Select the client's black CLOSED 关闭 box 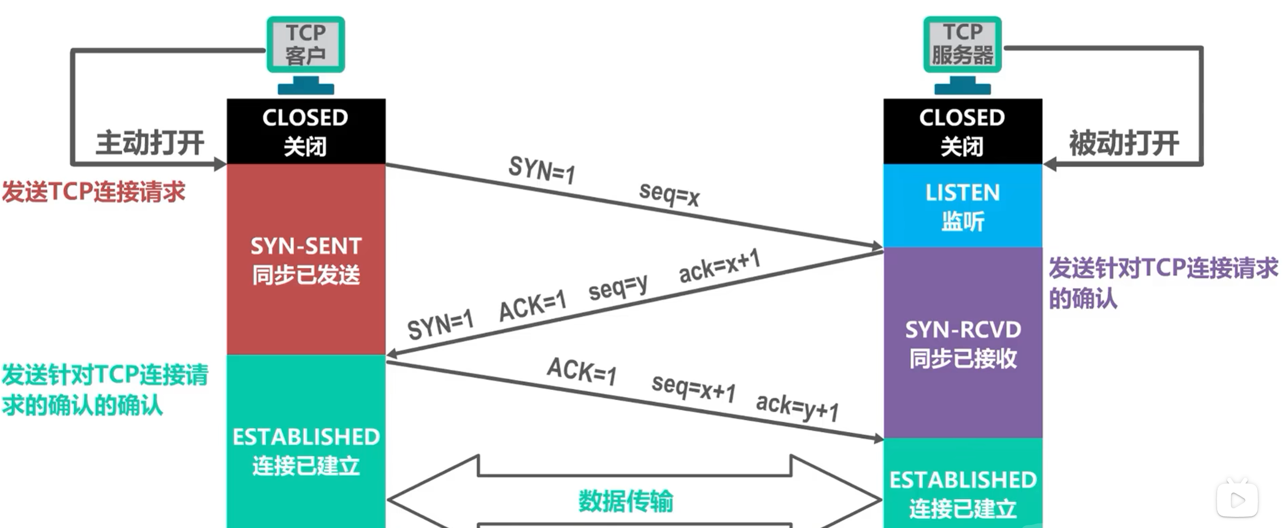pyautogui.click(x=305, y=132)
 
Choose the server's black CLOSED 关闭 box pyautogui.click(x=962, y=132)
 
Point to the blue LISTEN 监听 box pyautogui.click(x=962, y=207)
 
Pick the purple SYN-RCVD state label pyautogui.click(x=963, y=344)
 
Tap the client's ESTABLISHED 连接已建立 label pyautogui.click(x=306, y=451)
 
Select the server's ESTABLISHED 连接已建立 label pyautogui.click(x=963, y=494)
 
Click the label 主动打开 pyautogui.click(x=150, y=143)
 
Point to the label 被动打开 pyautogui.click(x=1124, y=143)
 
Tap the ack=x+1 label pyautogui.click(x=719, y=266)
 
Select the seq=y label pyautogui.click(x=618, y=287)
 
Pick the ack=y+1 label pyautogui.click(x=797, y=407)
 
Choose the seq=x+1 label pyautogui.click(x=693, y=387)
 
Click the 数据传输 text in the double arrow pyautogui.click(x=626, y=501)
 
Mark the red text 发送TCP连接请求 pyautogui.click(x=94, y=192)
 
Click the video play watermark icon pyautogui.click(x=1237, y=500)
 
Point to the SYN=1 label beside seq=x pyautogui.click(x=542, y=170)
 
